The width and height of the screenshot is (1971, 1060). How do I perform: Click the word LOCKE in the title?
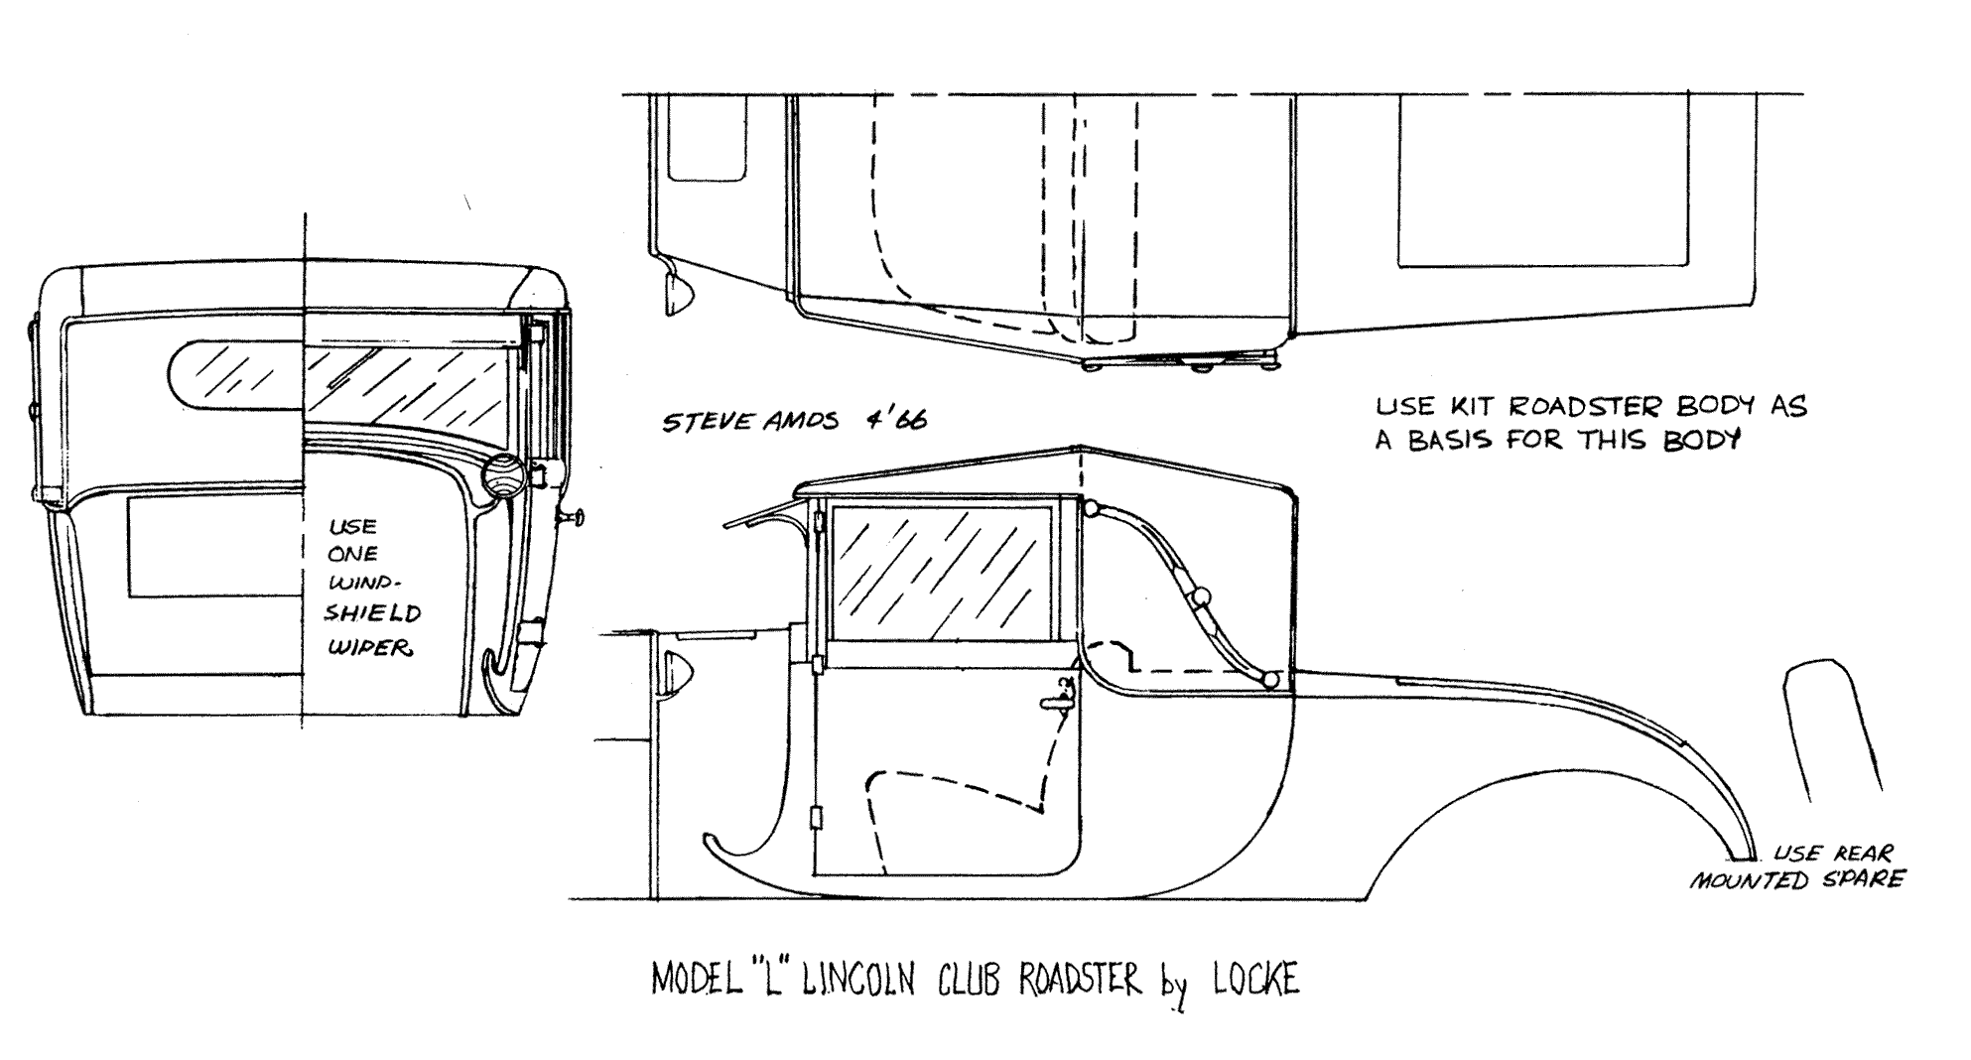tap(1254, 980)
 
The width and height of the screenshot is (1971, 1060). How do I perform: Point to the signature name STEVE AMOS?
tap(748, 421)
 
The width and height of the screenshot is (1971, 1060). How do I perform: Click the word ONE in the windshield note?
tap(352, 554)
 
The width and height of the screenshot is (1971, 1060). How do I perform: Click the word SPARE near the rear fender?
tap(1864, 878)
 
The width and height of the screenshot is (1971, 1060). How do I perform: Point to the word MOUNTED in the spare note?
tap(1752, 879)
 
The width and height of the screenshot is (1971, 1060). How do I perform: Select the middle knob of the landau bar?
tap(1201, 597)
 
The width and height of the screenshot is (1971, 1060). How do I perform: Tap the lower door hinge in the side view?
tap(818, 818)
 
